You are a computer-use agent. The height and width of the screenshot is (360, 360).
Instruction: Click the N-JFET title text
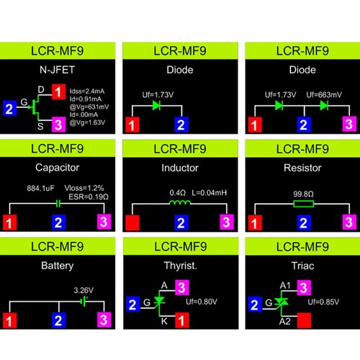pyautogui.click(x=57, y=70)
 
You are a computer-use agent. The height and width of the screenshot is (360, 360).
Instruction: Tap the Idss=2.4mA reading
pyautogui.click(x=87, y=91)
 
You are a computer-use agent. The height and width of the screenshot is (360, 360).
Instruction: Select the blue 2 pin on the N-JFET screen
pyautogui.click(x=9, y=109)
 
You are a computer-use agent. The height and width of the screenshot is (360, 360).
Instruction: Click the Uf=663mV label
pyautogui.click(x=324, y=95)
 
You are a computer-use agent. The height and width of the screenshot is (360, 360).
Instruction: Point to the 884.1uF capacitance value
pyautogui.click(x=40, y=188)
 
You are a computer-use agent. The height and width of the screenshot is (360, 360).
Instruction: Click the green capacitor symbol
pyautogui.click(x=58, y=204)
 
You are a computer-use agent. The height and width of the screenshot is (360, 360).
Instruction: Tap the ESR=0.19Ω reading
pyautogui.click(x=89, y=197)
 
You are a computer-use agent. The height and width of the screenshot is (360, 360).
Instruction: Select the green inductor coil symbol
pyautogui.click(x=180, y=202)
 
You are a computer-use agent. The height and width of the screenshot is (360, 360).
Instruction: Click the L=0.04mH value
pyautogui.click(x=210, y=192)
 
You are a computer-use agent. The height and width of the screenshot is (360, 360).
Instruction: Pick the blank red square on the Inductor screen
pyautogui.click(x=132, y=223)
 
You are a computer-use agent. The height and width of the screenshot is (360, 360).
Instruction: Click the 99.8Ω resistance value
pyautogui.click(x=303, y=194)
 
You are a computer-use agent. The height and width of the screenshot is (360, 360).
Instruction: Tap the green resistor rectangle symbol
pyautogui.click(x=304, y=204)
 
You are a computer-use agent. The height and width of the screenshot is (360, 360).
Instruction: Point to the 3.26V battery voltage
pyautogui.click(x=84, y=290)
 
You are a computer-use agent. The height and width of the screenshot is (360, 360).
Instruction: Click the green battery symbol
pyautogui.click(x=84, y=302)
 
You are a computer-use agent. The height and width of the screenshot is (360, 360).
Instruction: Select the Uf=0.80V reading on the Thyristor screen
pyautogui.click(x=202, y=302)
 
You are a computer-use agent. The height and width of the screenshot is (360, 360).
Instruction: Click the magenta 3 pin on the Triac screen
pyautogui.click(x=304, y=287)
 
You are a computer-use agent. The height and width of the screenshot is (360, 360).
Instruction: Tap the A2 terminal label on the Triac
pyautogui.click(x=285, y=321)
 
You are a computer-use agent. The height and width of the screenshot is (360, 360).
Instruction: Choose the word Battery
pyautogui.click(x=58, y=266)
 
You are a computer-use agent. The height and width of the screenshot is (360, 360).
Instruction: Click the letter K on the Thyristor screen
pyautogui.click(x=164, y=321)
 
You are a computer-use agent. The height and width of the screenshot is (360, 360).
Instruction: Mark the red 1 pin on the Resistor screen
pyautogui.click(x=255, y=223)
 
